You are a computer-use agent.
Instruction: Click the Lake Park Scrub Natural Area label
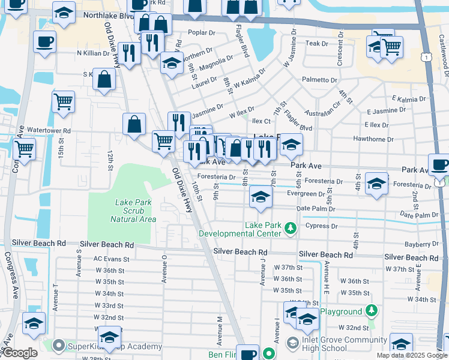click(x=136, y=211)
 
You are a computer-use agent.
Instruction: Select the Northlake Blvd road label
click(x=106, y=15)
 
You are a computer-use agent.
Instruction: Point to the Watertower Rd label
click(x=49, y=130)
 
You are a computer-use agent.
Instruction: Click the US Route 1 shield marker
click(x=426, y=56)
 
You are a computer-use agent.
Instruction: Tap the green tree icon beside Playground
click(x=372, y=311)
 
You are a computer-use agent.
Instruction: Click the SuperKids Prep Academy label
click(x=114, y=346)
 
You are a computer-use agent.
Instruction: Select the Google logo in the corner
click(x=20, y=353)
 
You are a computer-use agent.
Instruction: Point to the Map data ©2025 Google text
click(x=412, y=355)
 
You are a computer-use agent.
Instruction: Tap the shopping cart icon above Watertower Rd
click(x=63, y=101)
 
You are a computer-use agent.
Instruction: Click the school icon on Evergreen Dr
click(x=260, y=197)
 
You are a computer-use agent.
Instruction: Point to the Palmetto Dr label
click(x=319, y=80)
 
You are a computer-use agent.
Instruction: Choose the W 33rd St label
click(x=109, y=305)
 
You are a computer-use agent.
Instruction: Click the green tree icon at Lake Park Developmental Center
click(x=291, y=228)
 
